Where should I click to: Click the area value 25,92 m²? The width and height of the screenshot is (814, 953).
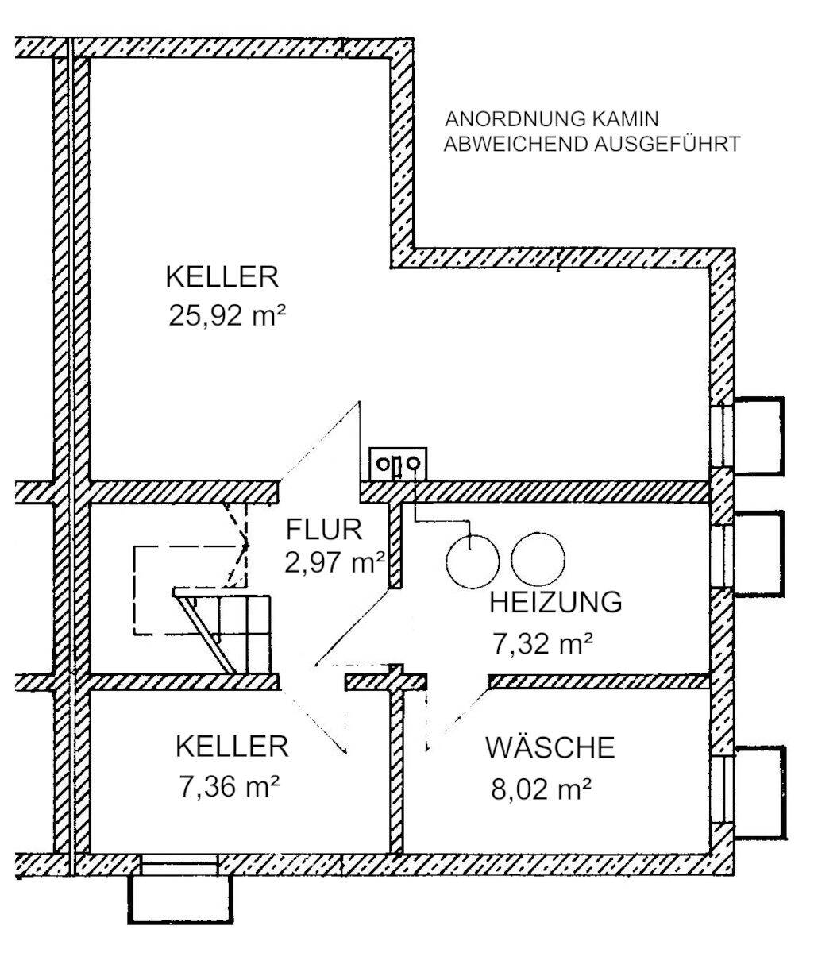[x=226, y=316]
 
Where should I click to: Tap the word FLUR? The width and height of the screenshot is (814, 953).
[x=324, y=528]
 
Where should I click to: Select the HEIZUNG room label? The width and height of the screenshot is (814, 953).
[x=555, y=603]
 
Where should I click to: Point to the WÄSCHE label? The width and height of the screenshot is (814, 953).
[x=550, y=748]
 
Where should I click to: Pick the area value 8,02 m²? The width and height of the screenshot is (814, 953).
[x=542, y=789]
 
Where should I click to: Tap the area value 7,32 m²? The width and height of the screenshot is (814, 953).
[x=543, y=643]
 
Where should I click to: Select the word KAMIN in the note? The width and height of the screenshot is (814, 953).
[x=625, y=120]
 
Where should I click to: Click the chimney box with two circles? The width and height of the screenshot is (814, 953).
[x=398, y=463]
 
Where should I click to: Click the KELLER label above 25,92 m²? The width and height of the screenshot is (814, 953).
[x=222, y=277]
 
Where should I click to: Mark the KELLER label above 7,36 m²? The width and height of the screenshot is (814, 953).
[x=231, y=747]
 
